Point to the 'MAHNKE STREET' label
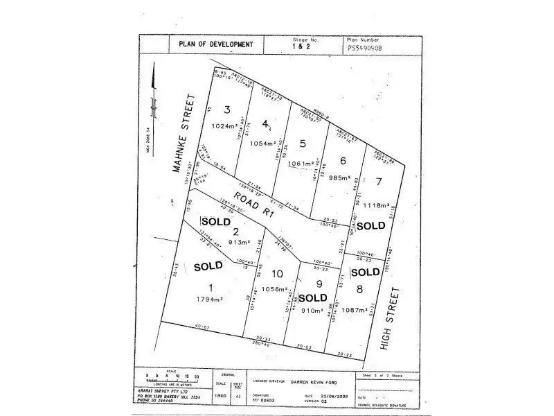[x=184, y=133]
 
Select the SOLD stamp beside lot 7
[x=370, y=225]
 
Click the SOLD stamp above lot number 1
[x=208, y=266]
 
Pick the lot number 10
[x=277, y=272]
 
